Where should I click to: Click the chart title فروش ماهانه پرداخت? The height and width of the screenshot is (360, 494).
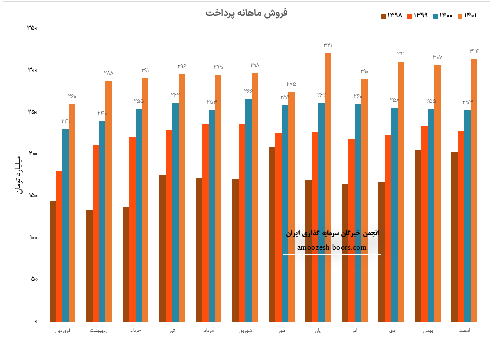[246, 13]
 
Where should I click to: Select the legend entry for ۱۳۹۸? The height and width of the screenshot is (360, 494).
[392, 16]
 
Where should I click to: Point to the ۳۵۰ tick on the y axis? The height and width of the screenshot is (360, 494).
[32, 28]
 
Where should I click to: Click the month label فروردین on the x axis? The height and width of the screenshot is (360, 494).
[62, 331]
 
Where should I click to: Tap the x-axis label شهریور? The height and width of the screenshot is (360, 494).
[245, 331]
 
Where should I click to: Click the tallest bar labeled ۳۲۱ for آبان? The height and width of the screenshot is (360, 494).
[328, 187]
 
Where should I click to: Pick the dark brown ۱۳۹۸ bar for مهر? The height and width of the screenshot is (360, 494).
[272, 234]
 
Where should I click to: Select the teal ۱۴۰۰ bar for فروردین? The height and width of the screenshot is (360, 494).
[65, 225]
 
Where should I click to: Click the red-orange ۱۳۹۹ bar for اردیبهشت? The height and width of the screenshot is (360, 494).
[96, 233]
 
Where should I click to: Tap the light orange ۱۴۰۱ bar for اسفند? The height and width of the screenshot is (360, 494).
[474, 190]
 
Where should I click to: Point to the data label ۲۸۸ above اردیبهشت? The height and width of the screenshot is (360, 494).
[108, 73]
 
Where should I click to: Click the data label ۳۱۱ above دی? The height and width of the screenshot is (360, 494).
[401, 54]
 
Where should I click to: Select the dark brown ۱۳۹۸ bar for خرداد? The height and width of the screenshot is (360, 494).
[126, 264]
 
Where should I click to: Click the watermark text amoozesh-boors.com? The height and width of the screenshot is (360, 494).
[331, 247]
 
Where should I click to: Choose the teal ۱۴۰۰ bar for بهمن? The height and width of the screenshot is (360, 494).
[431, 215]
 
